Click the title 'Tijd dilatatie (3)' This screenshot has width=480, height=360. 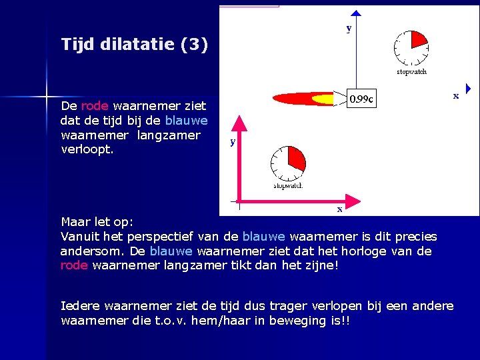(x=134, y=45)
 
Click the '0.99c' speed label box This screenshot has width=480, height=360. (x=362, y=99)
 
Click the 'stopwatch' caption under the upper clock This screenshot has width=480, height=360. (x=411, y=71)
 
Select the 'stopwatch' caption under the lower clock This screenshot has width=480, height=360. (x=288, y=186)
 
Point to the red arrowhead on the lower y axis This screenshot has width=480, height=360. (x=239, y=123)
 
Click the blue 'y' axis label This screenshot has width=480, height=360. (x=349, y=28)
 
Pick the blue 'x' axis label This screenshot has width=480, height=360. (x=456, y=96)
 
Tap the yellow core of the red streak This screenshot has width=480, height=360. (x=323, y=99)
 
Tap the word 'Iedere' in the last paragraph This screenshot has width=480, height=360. (x=79, y=306)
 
